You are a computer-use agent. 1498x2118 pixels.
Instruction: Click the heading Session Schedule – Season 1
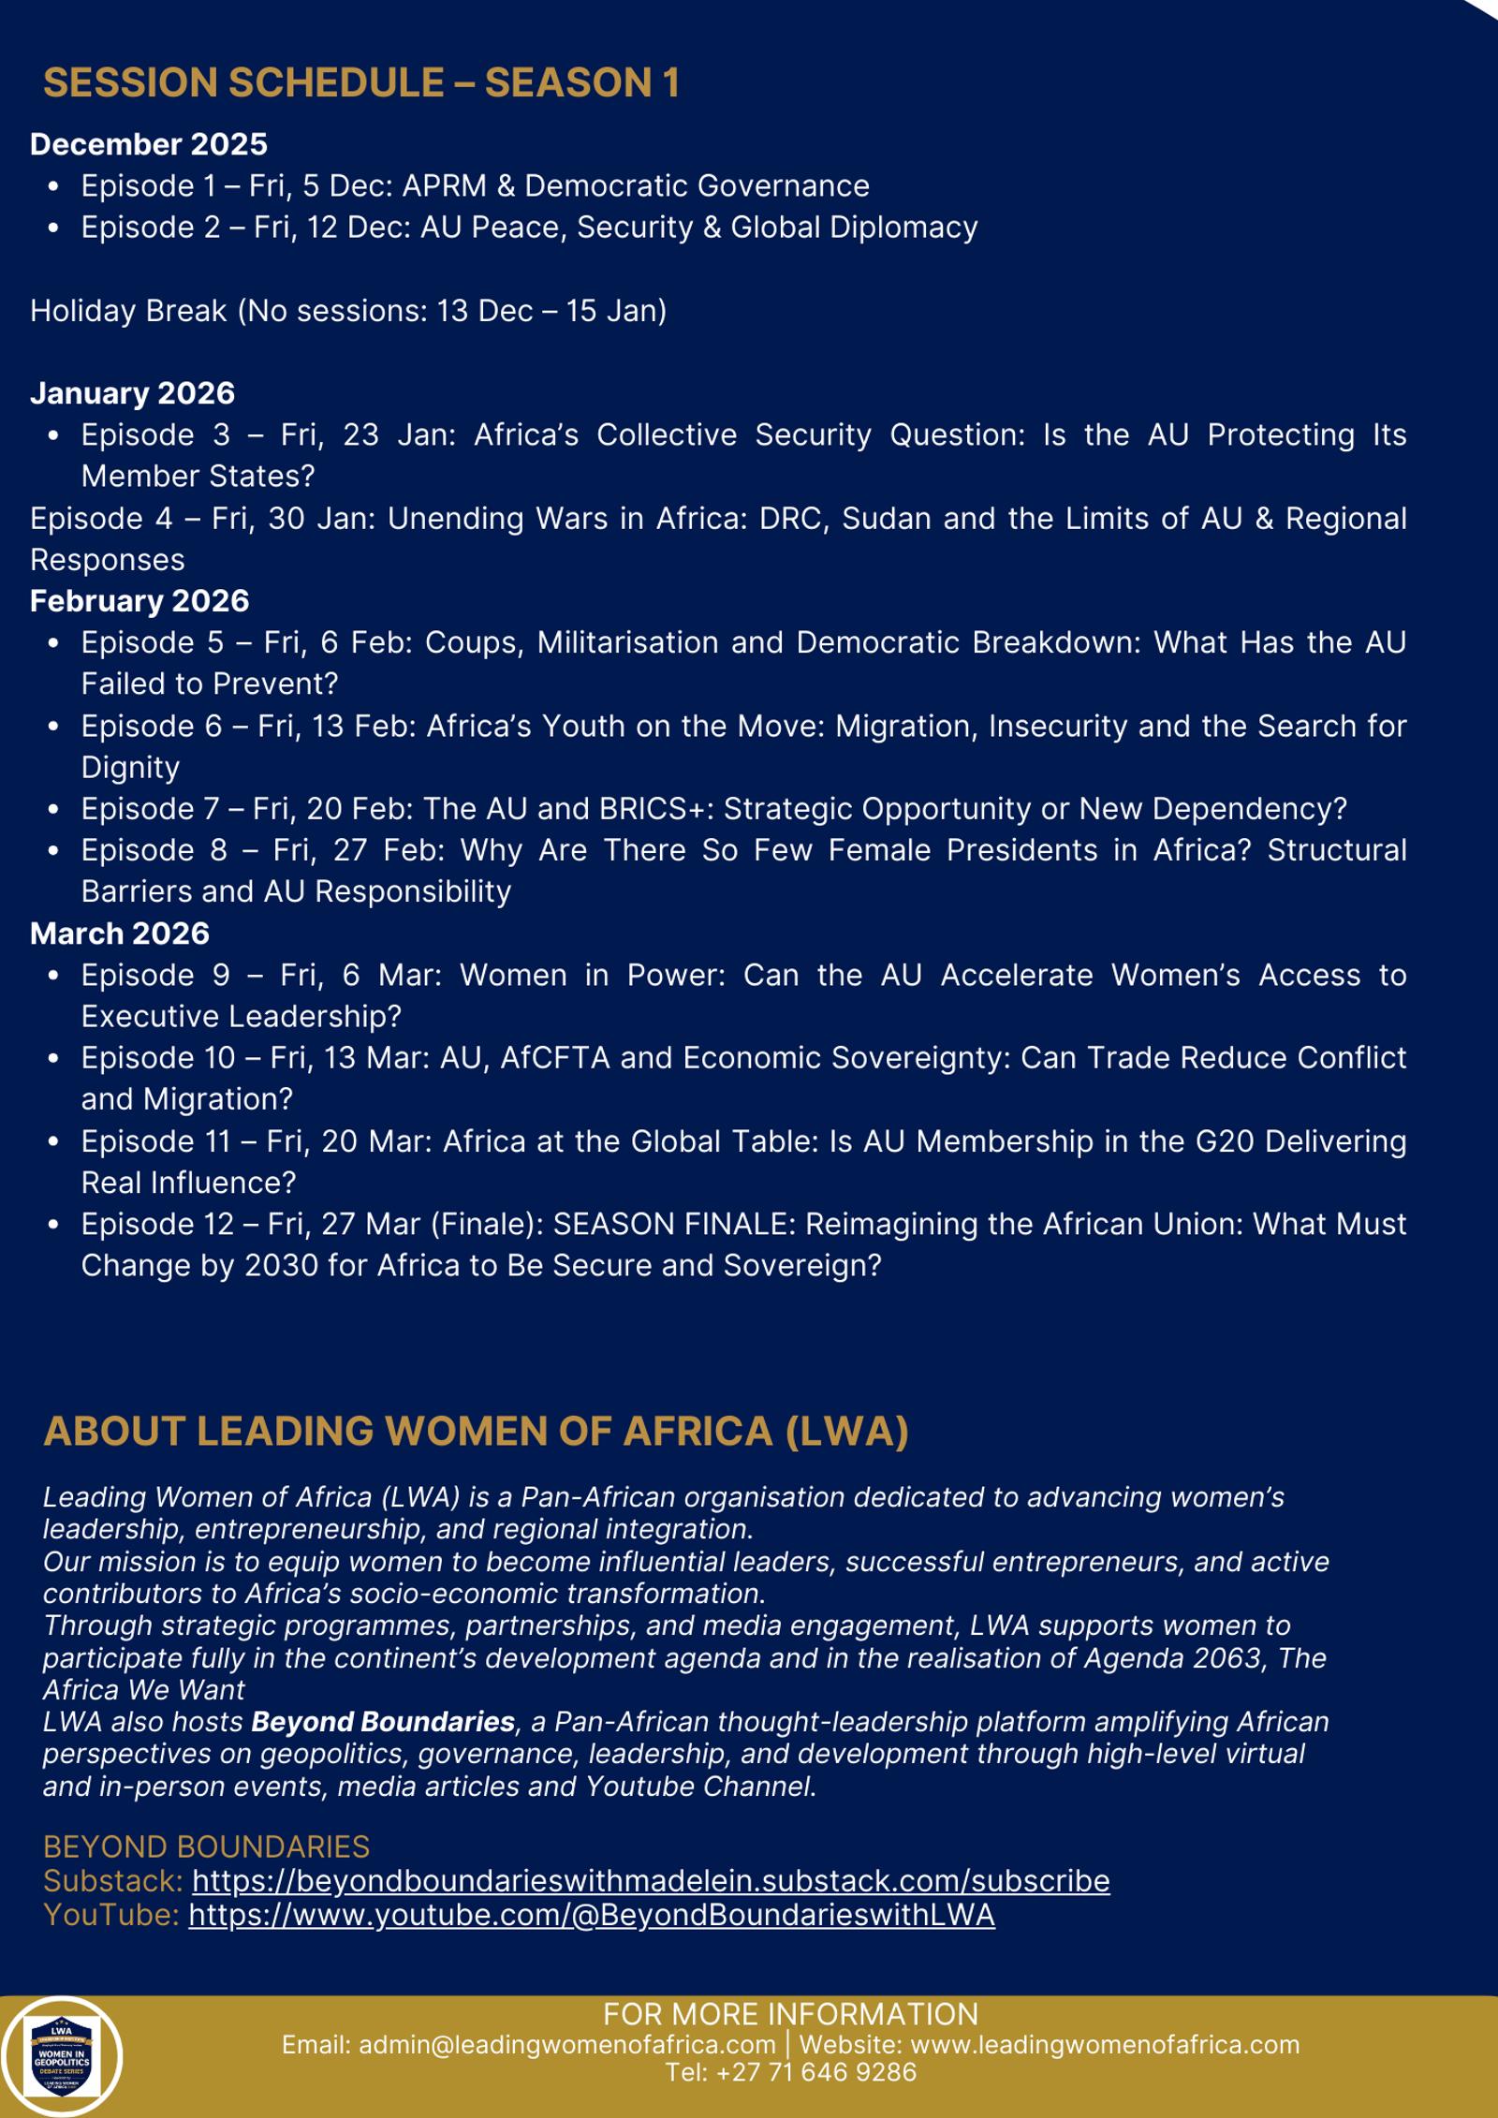pyautogui.click(x=361, y=82)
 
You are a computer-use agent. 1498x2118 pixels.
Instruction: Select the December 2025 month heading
pyautogui.click(x=149, y=144)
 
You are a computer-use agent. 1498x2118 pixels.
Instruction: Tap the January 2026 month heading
pyautogui.click(x=132, y=393)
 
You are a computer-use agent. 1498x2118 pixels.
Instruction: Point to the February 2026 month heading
pyautogui.click(x=140, y=601)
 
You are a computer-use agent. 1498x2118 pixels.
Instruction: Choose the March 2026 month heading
pyautogui.click(x=120, y=934)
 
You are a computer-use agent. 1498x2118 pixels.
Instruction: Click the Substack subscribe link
pyautogui.click(x=651, y=1881)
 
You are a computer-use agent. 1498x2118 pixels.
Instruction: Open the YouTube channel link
pyautogui.click(x=592, y=1915)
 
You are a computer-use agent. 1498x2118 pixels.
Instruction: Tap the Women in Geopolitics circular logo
pyautogui.click(x=62, y=2056)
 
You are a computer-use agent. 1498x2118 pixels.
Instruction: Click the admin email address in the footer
pyautogui.click(x=566, y=2044)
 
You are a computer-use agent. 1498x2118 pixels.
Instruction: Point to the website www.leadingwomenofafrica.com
pyautogui.click(x=1105, y=2044)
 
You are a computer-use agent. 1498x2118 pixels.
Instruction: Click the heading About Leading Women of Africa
pyautogui.click(x=476, y=1432)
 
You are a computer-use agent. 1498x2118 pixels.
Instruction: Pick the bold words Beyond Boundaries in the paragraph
pyautogui.click(x=383, y=1722)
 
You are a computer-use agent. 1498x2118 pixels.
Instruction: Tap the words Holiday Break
pyautogui.click(x=128, y=311)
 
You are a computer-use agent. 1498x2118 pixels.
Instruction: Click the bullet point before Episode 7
pyautogui.click(x=53, y=810)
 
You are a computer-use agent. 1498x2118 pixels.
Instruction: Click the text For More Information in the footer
pyautogui.click(x=790, y=2014)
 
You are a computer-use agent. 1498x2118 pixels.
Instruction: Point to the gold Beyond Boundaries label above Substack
pyautogui.click(x=206, y=1846)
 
